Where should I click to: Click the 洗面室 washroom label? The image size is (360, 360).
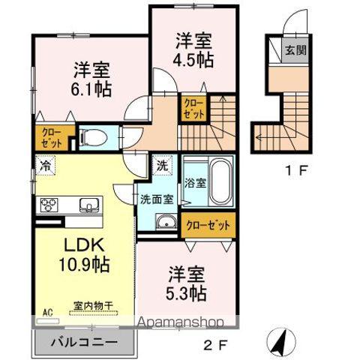(x=157, y=199)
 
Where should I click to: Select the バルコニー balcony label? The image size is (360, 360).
(x=84, y=341)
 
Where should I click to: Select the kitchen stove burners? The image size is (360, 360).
(x=49, y=205)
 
